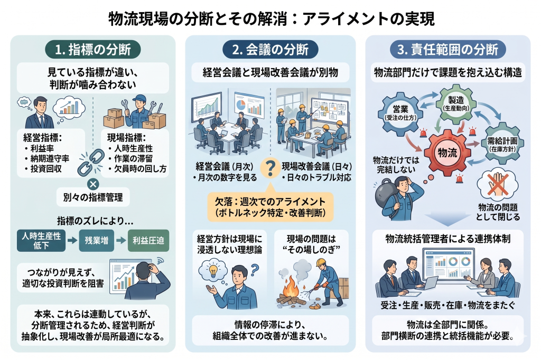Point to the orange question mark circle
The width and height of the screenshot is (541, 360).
[270, 168]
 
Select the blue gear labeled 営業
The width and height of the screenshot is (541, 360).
[398, 113]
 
